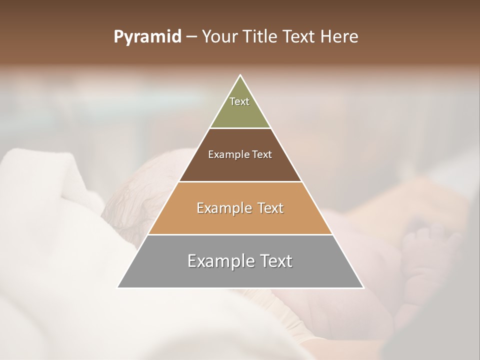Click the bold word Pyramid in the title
tap(147, 37)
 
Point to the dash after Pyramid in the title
tap(191, 37)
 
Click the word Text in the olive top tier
tap(239, 101)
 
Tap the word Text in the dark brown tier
tap(262, 154)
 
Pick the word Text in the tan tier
tap(268, 208)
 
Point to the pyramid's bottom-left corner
tap(118, 287)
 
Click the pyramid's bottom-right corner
tap(363, 287)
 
